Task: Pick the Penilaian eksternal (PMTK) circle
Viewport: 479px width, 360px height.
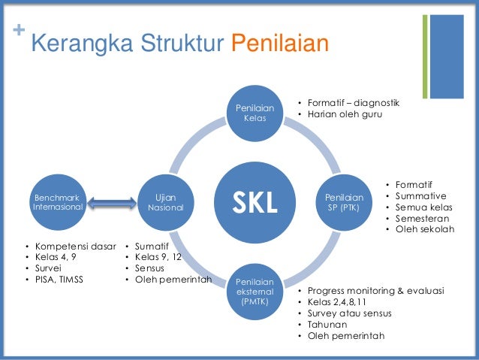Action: (255, 290)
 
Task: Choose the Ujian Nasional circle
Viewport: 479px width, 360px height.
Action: (165, 201)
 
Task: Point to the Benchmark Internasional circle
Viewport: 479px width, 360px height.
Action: (59, 201)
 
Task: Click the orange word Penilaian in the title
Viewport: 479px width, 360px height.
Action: (279, 44)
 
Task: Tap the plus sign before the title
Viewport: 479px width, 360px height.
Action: (19, 32)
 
